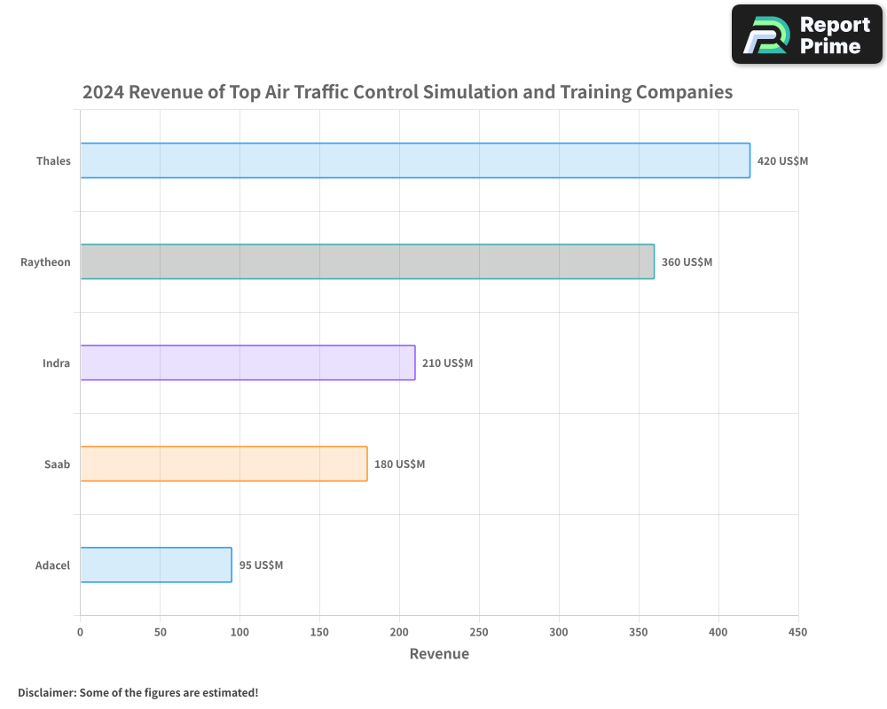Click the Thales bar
415,160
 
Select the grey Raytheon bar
367,261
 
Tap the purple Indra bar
247,362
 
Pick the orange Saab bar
224,464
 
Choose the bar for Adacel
156,565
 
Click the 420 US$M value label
782,161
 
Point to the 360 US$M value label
687,262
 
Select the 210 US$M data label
447,363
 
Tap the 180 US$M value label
399,464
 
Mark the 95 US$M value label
261,565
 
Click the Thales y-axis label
53,161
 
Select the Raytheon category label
45,262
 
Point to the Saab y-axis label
57,464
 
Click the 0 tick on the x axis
80,632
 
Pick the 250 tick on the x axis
479,632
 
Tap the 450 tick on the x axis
798,632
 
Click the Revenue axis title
439,654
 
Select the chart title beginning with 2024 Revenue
407,91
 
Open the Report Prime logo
807,35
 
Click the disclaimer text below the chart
137,692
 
